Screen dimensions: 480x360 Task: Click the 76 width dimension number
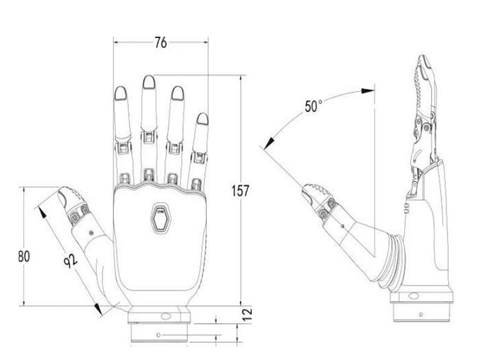[160, 42]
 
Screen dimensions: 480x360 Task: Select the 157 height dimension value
[240, 191]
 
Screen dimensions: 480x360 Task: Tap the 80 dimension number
[24, 256]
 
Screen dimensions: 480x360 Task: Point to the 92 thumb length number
[71, 261]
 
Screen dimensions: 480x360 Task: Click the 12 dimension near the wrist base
[247, 315]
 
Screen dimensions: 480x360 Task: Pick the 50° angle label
[313, 106]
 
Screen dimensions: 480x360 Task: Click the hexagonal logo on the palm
[161, 218]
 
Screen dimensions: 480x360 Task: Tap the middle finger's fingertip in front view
[149, 82]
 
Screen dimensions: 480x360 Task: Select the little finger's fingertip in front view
[202, 119]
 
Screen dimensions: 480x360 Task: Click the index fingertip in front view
[121, 93]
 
